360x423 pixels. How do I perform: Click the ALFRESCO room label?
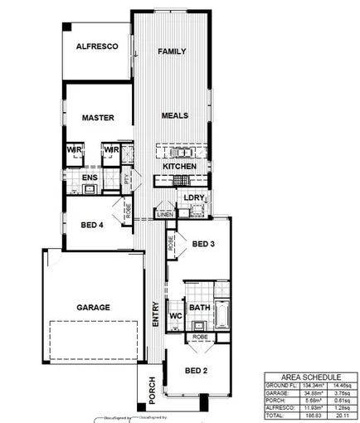tap(98, 48)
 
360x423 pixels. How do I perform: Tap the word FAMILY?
tap(172, 51)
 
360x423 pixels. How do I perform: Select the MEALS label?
tap(174, 115)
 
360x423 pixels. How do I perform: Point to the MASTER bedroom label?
tap(98, 118)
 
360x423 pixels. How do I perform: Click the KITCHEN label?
tap(179, 167)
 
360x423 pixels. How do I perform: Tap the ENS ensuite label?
tap(90, 177)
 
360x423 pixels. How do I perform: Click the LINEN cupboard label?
tap(165, 215)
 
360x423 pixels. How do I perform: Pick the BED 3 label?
tap(203, 244)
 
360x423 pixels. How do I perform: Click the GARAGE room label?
tap(94, 307)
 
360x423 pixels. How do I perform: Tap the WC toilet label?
tap(175, 316)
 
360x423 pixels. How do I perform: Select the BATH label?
tap(199, 308)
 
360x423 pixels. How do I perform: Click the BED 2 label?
tap(196, 370)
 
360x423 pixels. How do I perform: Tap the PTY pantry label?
tap(127, 177)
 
